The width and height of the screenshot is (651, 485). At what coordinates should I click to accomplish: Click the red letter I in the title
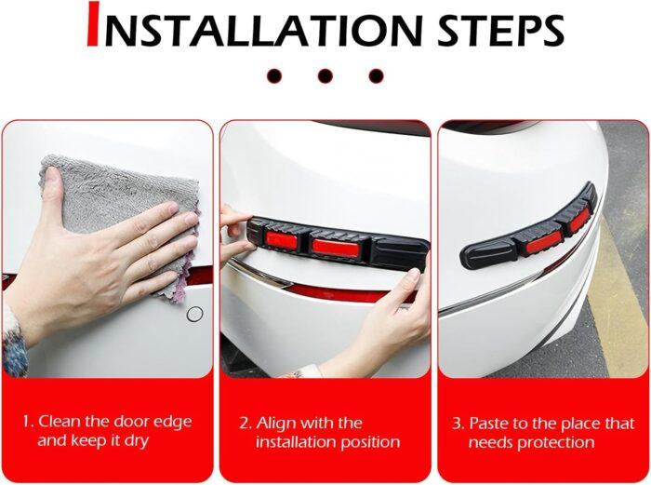click(92, 25)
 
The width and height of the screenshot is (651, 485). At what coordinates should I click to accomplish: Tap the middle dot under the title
click(325, 76)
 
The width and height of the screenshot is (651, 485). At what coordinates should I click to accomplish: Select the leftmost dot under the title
click(273, 76)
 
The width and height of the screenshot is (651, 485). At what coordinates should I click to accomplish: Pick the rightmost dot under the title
click(376, 76)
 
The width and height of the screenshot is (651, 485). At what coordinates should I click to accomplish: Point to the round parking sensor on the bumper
click(194, 315)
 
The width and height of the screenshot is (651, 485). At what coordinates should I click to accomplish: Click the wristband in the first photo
click(13, 344)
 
